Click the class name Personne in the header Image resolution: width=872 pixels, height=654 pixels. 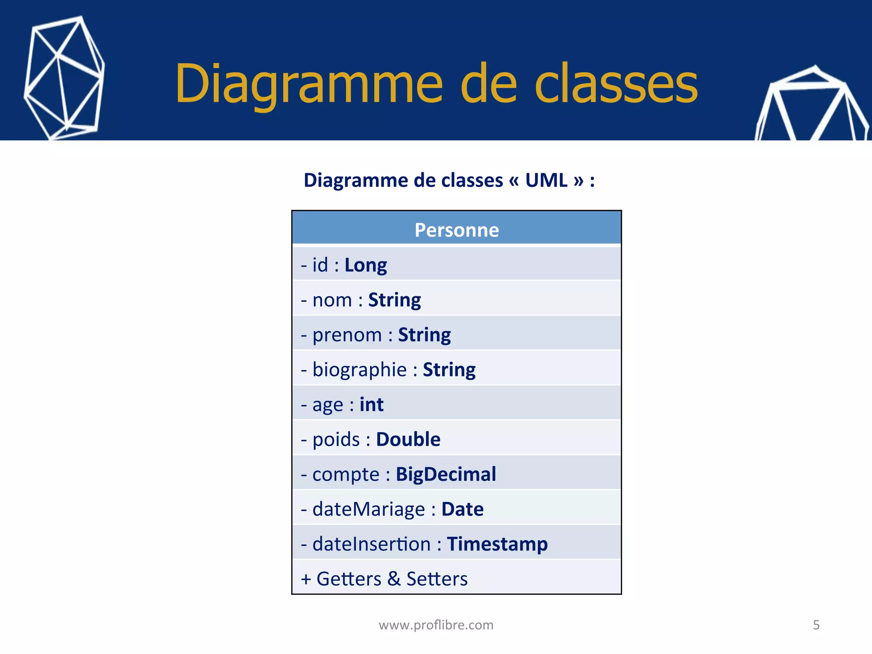tap(456, 230)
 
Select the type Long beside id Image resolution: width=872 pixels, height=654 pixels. tap(366, 265)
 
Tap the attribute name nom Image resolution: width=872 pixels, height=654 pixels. tap(332, 300)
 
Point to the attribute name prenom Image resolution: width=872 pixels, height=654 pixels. tap(347, 335)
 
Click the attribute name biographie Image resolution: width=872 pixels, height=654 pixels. tap(359, 370)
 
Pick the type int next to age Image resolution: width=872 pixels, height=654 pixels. tap(371, 404)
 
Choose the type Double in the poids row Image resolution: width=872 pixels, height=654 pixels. tap(408, 439)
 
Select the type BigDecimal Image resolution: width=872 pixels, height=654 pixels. tap(446, 474)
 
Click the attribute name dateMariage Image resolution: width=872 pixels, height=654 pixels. tap(368, 509)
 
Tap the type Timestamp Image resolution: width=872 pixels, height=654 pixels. tap(497, 544)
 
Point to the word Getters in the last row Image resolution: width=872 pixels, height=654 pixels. tap(349, 579)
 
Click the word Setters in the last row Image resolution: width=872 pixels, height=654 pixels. tap(437, 579)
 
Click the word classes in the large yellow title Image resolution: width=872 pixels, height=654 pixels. tap(616, 84)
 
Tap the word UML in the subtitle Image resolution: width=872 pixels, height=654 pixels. tap(546, 181)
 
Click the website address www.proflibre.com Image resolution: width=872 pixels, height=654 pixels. tap(436, 625)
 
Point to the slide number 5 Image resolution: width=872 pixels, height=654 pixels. tap(816, 625)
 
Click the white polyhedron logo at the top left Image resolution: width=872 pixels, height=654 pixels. tap(64, 78)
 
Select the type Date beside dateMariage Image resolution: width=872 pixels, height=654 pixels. tap(462, 509)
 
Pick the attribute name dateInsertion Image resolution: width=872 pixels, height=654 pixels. tap(371, 544)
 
